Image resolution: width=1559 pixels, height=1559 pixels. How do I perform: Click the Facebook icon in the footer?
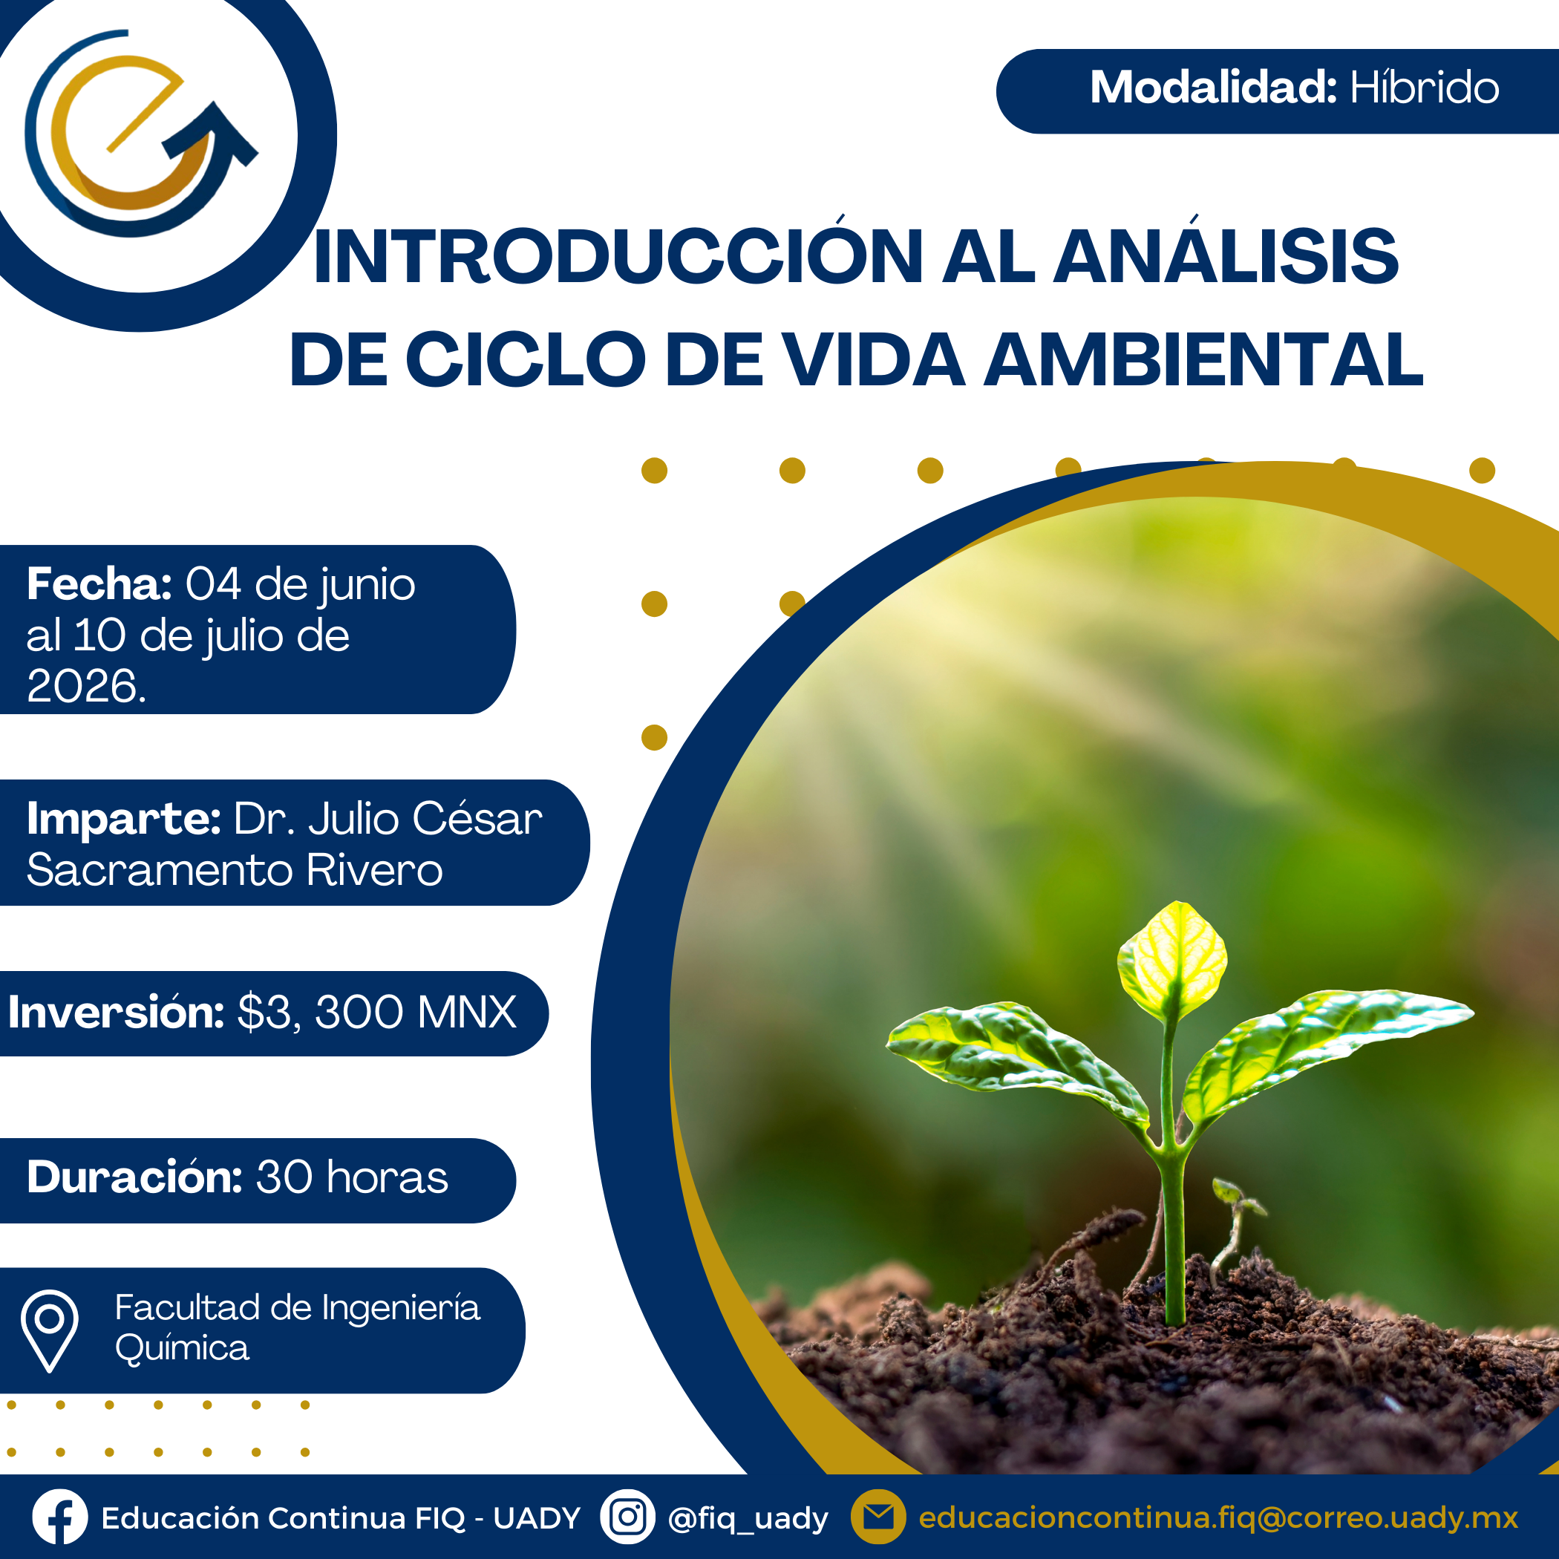pyautogui.click(x=59, y=1517)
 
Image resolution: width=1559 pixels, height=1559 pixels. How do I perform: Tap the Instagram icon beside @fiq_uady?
pyautogui.click(x=627, y=1517)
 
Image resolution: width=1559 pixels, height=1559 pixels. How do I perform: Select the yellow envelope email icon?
pyautogui.click(x=878, y=1517)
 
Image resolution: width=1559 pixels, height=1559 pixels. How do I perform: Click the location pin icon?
pyautogui.click(x=49, y=1330)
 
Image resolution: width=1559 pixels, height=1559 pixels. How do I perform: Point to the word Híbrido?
pyautogui.click(x=1424, y=87)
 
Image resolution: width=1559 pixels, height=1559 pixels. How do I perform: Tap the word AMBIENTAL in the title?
pyautogui.click(x=1203, y=360)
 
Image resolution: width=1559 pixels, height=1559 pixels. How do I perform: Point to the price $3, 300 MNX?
pyautogui.click(x=377, y=1012)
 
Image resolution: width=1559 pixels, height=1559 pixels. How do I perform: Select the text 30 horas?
pyautogui.click(x=352, y=1177)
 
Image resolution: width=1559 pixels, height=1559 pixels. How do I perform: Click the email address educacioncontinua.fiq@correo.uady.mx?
pyautogui.click(x=1218, y=1518)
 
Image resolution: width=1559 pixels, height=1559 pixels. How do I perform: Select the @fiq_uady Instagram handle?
pyautogui.click(x=748, y=1519)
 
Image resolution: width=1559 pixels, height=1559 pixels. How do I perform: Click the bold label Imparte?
pyautogui.click(x=123, y=819)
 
